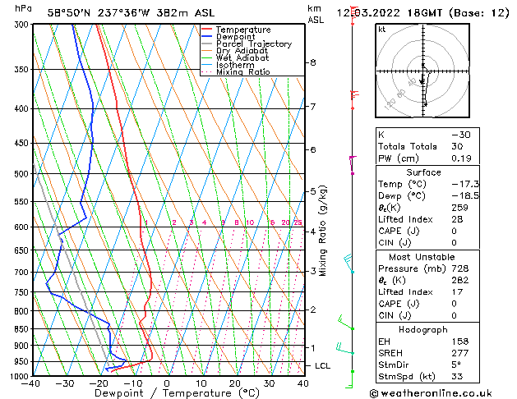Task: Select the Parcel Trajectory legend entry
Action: point(253,44)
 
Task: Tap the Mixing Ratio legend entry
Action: point(242,72)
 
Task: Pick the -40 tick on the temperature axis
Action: point(32,383)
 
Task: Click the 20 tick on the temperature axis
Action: point(235,383)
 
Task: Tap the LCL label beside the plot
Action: point(323,365)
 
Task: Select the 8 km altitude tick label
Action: point(313,62)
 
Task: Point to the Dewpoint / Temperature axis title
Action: point(167,393)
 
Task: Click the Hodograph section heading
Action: point(422,328)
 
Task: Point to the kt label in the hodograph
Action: point(381,30)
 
